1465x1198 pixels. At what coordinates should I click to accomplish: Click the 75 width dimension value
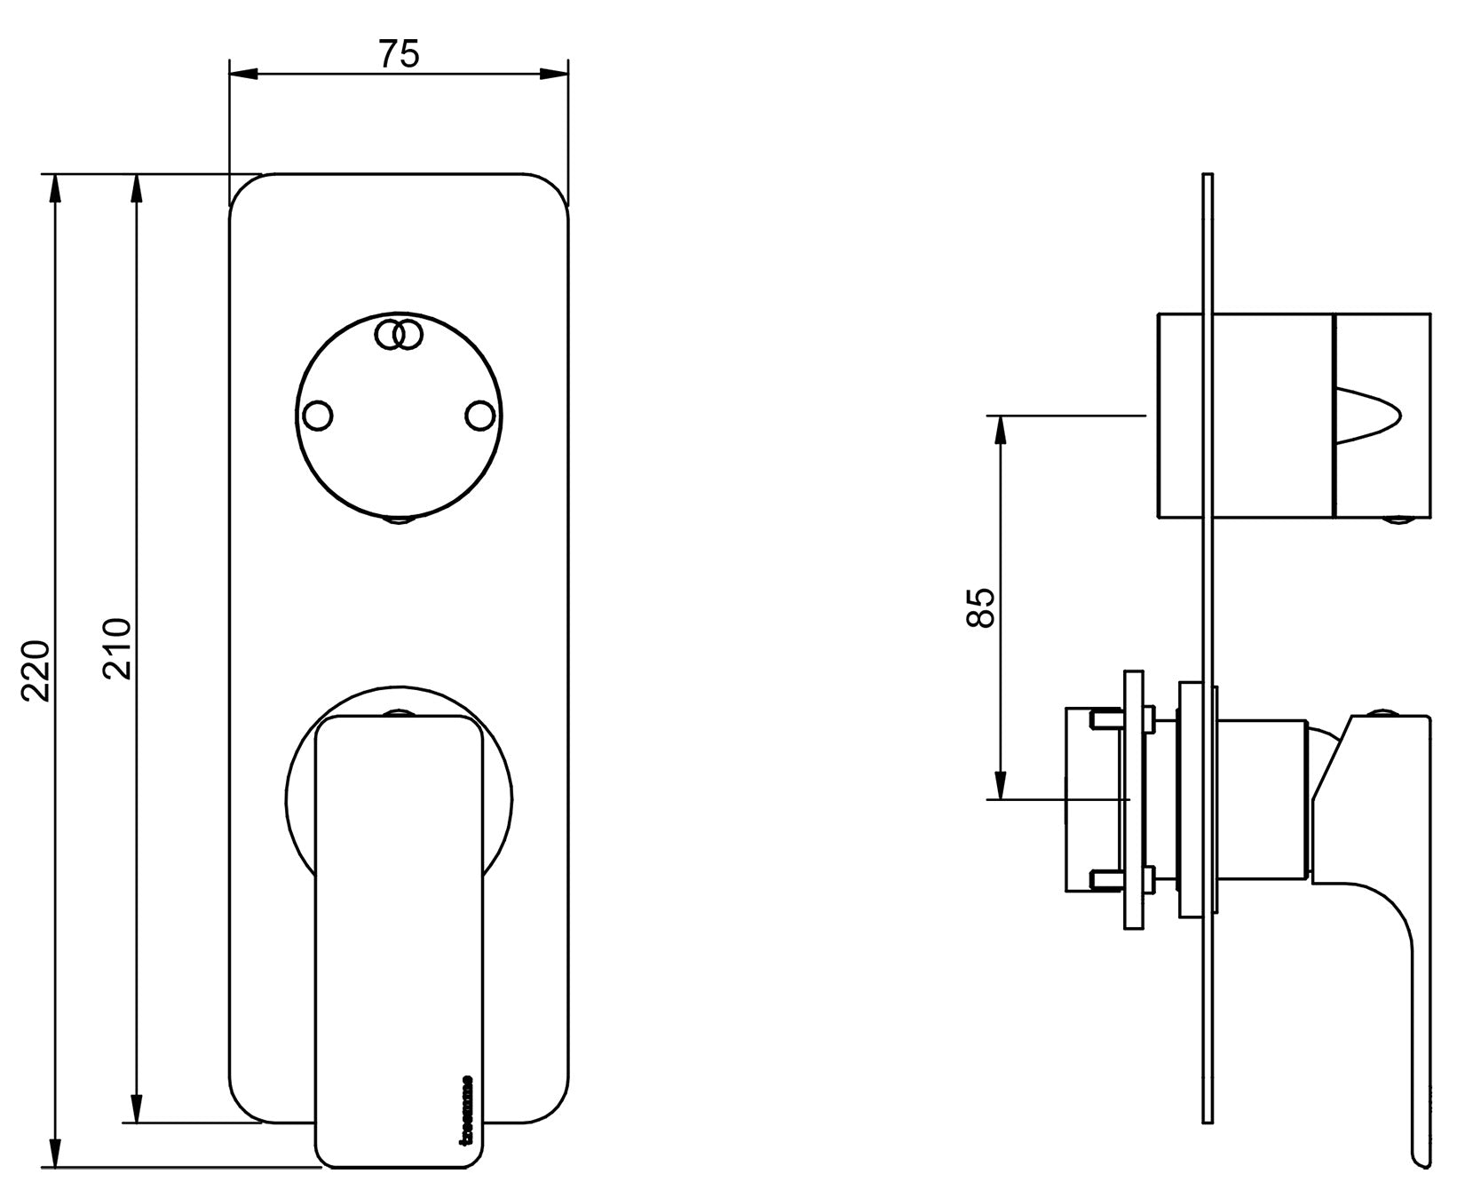(399, 55)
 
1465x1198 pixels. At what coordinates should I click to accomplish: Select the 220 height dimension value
(36, 670)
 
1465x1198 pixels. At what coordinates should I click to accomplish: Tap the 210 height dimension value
(117, 648)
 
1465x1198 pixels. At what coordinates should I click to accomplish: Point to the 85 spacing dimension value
(980, 607)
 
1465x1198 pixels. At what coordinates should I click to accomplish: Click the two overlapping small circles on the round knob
(398, 335)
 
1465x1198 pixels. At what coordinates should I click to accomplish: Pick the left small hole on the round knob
(318, 416)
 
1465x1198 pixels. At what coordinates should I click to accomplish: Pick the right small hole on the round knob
(480, 416)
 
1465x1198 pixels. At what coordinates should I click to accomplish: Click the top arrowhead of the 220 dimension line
(55, 188)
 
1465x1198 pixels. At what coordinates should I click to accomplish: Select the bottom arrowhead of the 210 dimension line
(136, 1110)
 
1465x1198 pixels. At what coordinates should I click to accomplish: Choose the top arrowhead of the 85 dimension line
(1001, 429)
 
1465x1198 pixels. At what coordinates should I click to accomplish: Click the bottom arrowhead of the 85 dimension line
(1001, 786)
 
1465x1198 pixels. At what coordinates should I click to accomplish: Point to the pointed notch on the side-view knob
(1372, 415)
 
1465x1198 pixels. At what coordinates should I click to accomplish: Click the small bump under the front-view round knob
(399, 520)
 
